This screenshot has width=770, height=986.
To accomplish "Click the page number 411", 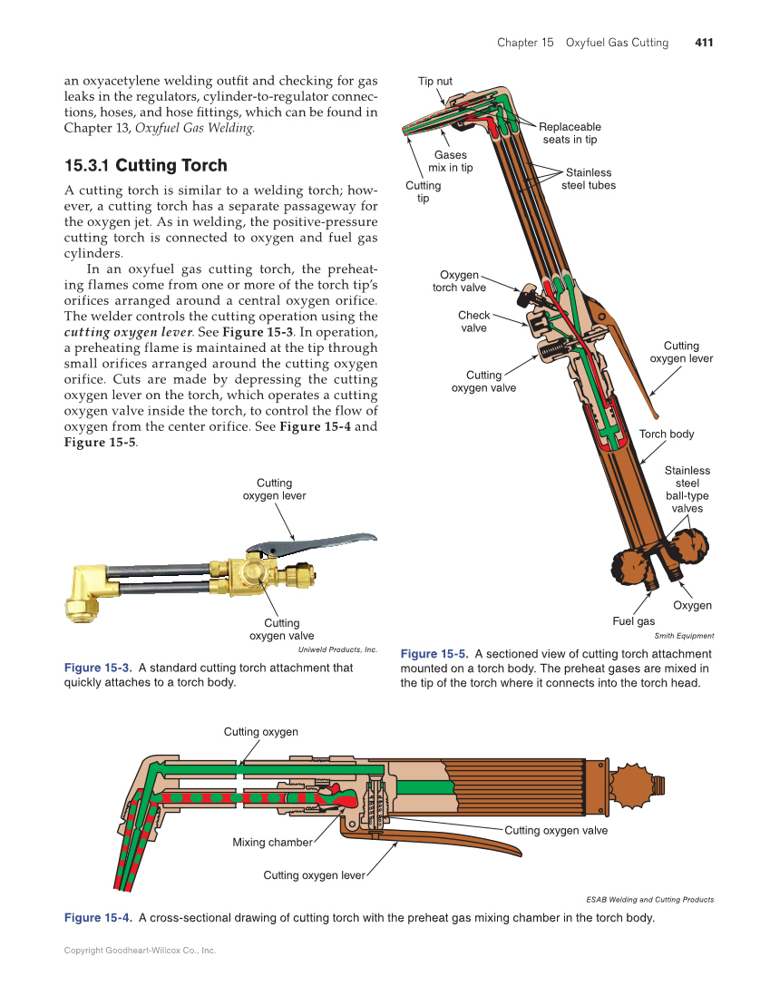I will [x=704, y=43].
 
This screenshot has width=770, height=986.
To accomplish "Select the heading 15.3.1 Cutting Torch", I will [x=145, y=166].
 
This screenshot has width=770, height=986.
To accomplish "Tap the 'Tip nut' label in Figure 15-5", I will [x=434, y=82].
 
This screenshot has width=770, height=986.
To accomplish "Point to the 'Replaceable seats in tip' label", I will [x=570, y=133].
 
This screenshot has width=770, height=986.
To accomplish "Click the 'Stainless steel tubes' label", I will [x=588, y=179].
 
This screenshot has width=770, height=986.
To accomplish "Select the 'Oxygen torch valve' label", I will [x=459, y=281].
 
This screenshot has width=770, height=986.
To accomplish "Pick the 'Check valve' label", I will [x=473, y=322].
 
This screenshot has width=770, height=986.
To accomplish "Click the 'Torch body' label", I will [x=666, y=434].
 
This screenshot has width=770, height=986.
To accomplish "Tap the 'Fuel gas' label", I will [x=633, y=621].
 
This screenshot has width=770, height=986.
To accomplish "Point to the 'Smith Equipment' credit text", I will [x=684, y=636].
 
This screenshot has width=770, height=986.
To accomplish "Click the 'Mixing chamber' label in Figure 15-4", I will [x=272, y=843].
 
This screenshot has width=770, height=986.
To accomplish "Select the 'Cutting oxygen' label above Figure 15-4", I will [x=260, y=732].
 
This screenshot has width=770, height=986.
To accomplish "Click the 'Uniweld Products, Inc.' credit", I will [x=337, y=649].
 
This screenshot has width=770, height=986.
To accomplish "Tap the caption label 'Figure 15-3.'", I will [x=98, y=668].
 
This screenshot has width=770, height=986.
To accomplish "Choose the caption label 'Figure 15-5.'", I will [x=434, y=654].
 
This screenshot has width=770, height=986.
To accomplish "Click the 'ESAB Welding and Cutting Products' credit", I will [x=649, y=900].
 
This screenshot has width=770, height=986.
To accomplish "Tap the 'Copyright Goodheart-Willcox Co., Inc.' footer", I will [x=140, y=951].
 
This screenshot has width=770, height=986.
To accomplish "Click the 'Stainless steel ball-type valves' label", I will [x=687, y=490].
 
